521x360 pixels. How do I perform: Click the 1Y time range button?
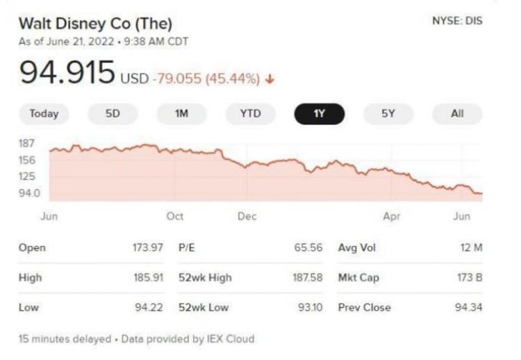[320, 114]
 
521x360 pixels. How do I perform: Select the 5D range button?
[113, 114]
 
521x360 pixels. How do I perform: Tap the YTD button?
[250, 114]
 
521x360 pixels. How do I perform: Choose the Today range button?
[44, 114]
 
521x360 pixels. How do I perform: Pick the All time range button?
[457, 114]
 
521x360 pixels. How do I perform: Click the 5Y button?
[388, 114]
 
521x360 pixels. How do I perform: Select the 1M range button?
[181, 114]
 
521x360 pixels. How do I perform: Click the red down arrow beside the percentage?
[270, 79]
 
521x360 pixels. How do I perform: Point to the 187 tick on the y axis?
[27, 144]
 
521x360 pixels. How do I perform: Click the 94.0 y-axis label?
[29, 193]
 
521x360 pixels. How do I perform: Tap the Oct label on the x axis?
[175, 216]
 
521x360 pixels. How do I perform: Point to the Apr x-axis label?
[392, 216]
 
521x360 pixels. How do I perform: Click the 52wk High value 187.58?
[307, 277]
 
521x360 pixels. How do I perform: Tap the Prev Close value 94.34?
[468, 307]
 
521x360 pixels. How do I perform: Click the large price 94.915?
[67, 72]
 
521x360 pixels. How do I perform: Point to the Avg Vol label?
[357, 248]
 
